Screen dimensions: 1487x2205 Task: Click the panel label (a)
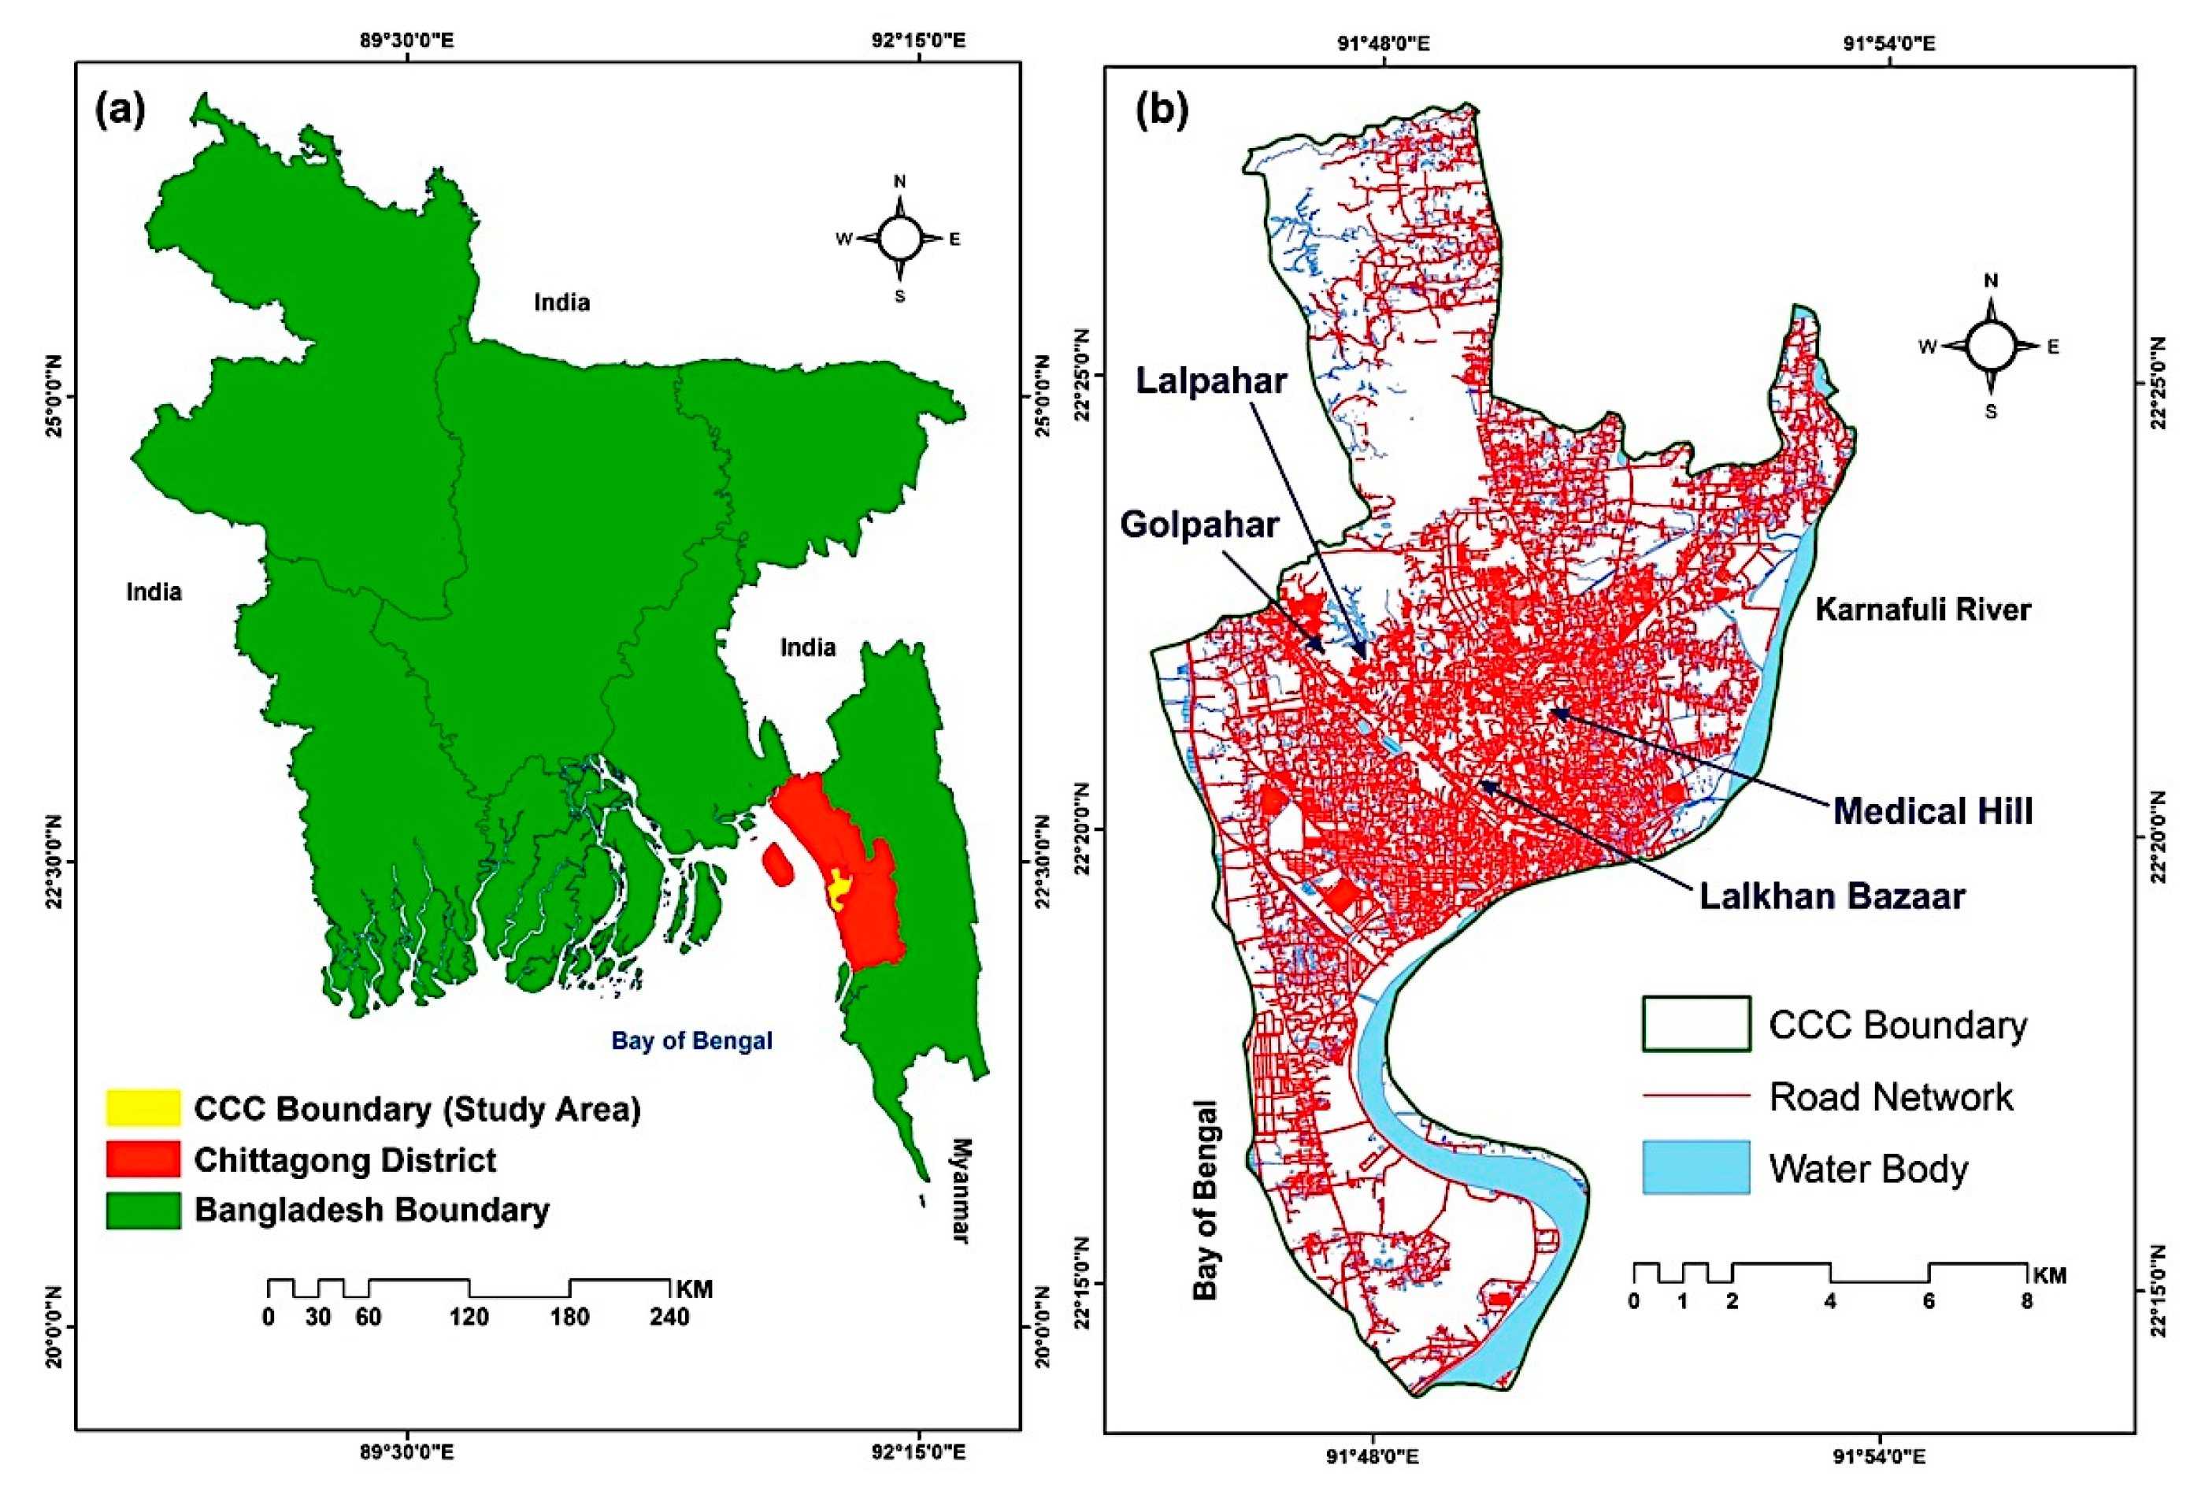120,111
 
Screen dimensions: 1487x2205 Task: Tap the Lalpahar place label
1211,380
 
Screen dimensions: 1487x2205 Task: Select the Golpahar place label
1199,525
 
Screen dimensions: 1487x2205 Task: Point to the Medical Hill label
1932,810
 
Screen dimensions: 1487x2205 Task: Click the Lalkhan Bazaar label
1832,896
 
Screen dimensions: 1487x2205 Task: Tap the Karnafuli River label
1922,609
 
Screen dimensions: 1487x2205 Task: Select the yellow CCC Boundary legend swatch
143,1107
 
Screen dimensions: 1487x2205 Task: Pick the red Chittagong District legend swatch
143,1159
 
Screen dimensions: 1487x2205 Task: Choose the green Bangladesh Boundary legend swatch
143,1210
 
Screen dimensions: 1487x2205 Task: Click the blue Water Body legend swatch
1696,1167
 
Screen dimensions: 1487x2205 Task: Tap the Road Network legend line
1696,1096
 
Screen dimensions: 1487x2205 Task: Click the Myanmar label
960,1190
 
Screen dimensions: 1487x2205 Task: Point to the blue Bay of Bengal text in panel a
691,1040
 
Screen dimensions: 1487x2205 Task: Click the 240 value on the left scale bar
669,1317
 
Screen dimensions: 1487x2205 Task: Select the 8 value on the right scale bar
2025,1301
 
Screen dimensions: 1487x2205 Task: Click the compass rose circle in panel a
899,238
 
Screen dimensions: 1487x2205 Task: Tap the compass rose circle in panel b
1990,345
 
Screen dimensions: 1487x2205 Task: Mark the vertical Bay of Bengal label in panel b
1205,1200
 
